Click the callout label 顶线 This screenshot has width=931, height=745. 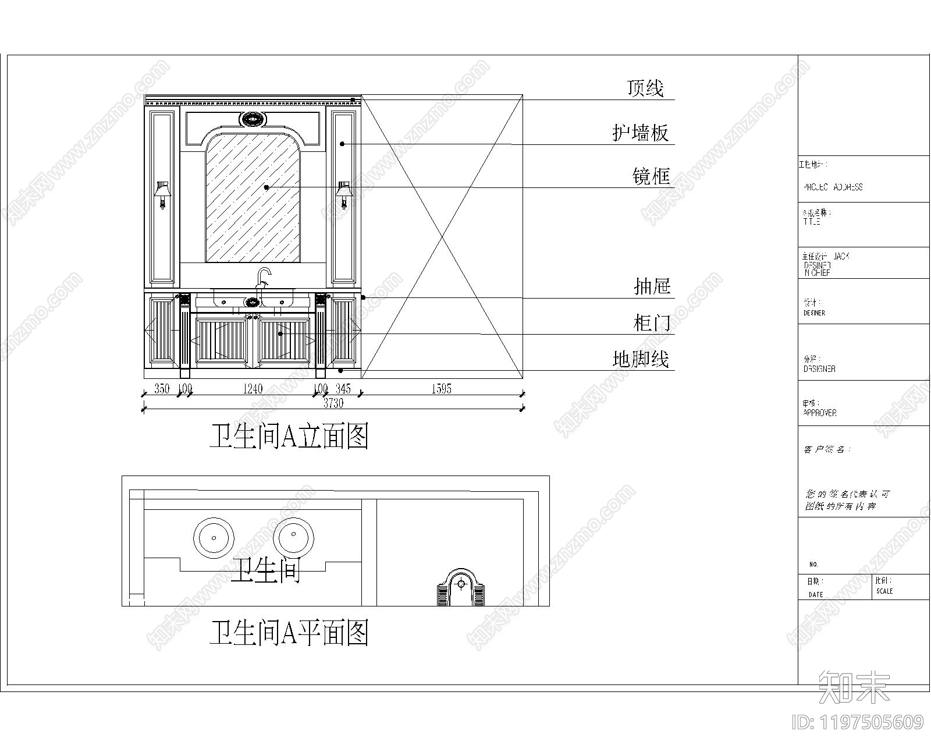(645, 88)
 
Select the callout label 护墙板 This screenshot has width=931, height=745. (640, 133)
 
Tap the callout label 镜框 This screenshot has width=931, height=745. (651, 176)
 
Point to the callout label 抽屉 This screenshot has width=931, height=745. (652, 286)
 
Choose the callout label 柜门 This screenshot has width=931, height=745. (652, 322)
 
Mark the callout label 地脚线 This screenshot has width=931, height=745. (640, 359)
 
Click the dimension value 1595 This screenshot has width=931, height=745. (441, 389)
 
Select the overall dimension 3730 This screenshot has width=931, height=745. (333, 403)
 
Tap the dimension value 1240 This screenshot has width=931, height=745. (253, 389)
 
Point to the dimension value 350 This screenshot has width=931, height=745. (162, 389)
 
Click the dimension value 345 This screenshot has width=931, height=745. (343, 389)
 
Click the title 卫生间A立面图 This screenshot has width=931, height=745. (289, 436)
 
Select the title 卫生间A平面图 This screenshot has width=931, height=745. (289, 633)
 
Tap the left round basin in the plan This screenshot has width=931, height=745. (214, 537)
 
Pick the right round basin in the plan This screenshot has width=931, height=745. (294, 537)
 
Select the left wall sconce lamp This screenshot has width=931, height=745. (163, 194)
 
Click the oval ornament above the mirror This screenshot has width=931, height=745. (253, 120)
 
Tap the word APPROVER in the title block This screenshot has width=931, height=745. (820, 413)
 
